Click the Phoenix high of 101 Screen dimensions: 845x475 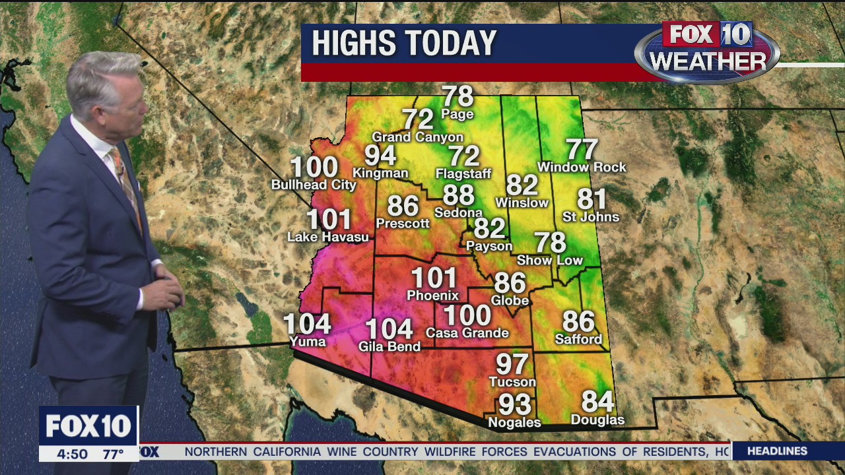point(434,278)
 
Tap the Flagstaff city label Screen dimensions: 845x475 point(463,174)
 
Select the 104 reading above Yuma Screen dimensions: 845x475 point(307,325)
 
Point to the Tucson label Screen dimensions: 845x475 point(512,382)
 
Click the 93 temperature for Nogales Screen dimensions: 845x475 point(515,404)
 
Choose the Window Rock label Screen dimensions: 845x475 point(582,168)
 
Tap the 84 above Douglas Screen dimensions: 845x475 point(597,401)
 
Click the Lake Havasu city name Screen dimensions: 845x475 point(328,237)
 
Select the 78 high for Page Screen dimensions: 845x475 point(457,96)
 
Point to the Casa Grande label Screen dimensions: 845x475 point(467,333)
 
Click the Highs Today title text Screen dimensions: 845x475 point(404,44)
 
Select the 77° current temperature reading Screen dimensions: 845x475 point(113,454)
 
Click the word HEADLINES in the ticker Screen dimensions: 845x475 point(778,451)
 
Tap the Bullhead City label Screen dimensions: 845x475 point(314,185)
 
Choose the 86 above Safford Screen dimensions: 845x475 point(578,321)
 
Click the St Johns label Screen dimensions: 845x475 point(591,216)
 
